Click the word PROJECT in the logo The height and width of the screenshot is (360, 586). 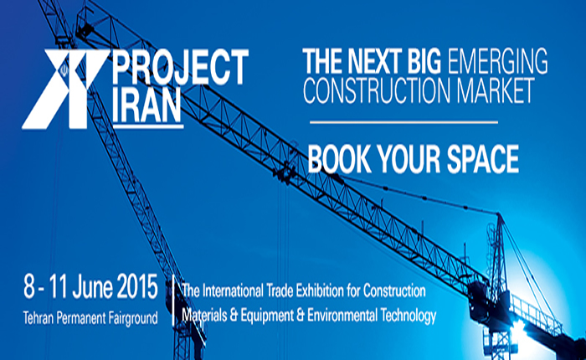(x=180, y=67)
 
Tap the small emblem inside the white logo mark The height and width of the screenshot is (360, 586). (x=64, y=70)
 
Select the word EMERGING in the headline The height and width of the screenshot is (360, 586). (x=497, y=61)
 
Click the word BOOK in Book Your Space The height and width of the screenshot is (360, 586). (x=338, y=159)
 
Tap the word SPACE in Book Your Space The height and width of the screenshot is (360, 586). (x=482, y=159)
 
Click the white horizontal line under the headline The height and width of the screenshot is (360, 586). (x=404, y=122)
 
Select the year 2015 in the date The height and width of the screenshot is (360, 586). (x=137, y=286)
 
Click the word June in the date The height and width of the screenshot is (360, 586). (x=92, y=286)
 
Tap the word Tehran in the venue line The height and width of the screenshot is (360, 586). (x=36, y=318)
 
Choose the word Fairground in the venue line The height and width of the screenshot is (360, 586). (x=133, y=318)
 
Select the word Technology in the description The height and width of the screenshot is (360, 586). (x=409, y=316)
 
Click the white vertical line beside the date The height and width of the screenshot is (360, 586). (x=173, y=301)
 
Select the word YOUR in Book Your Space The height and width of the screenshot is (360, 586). (x=409, y=159)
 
